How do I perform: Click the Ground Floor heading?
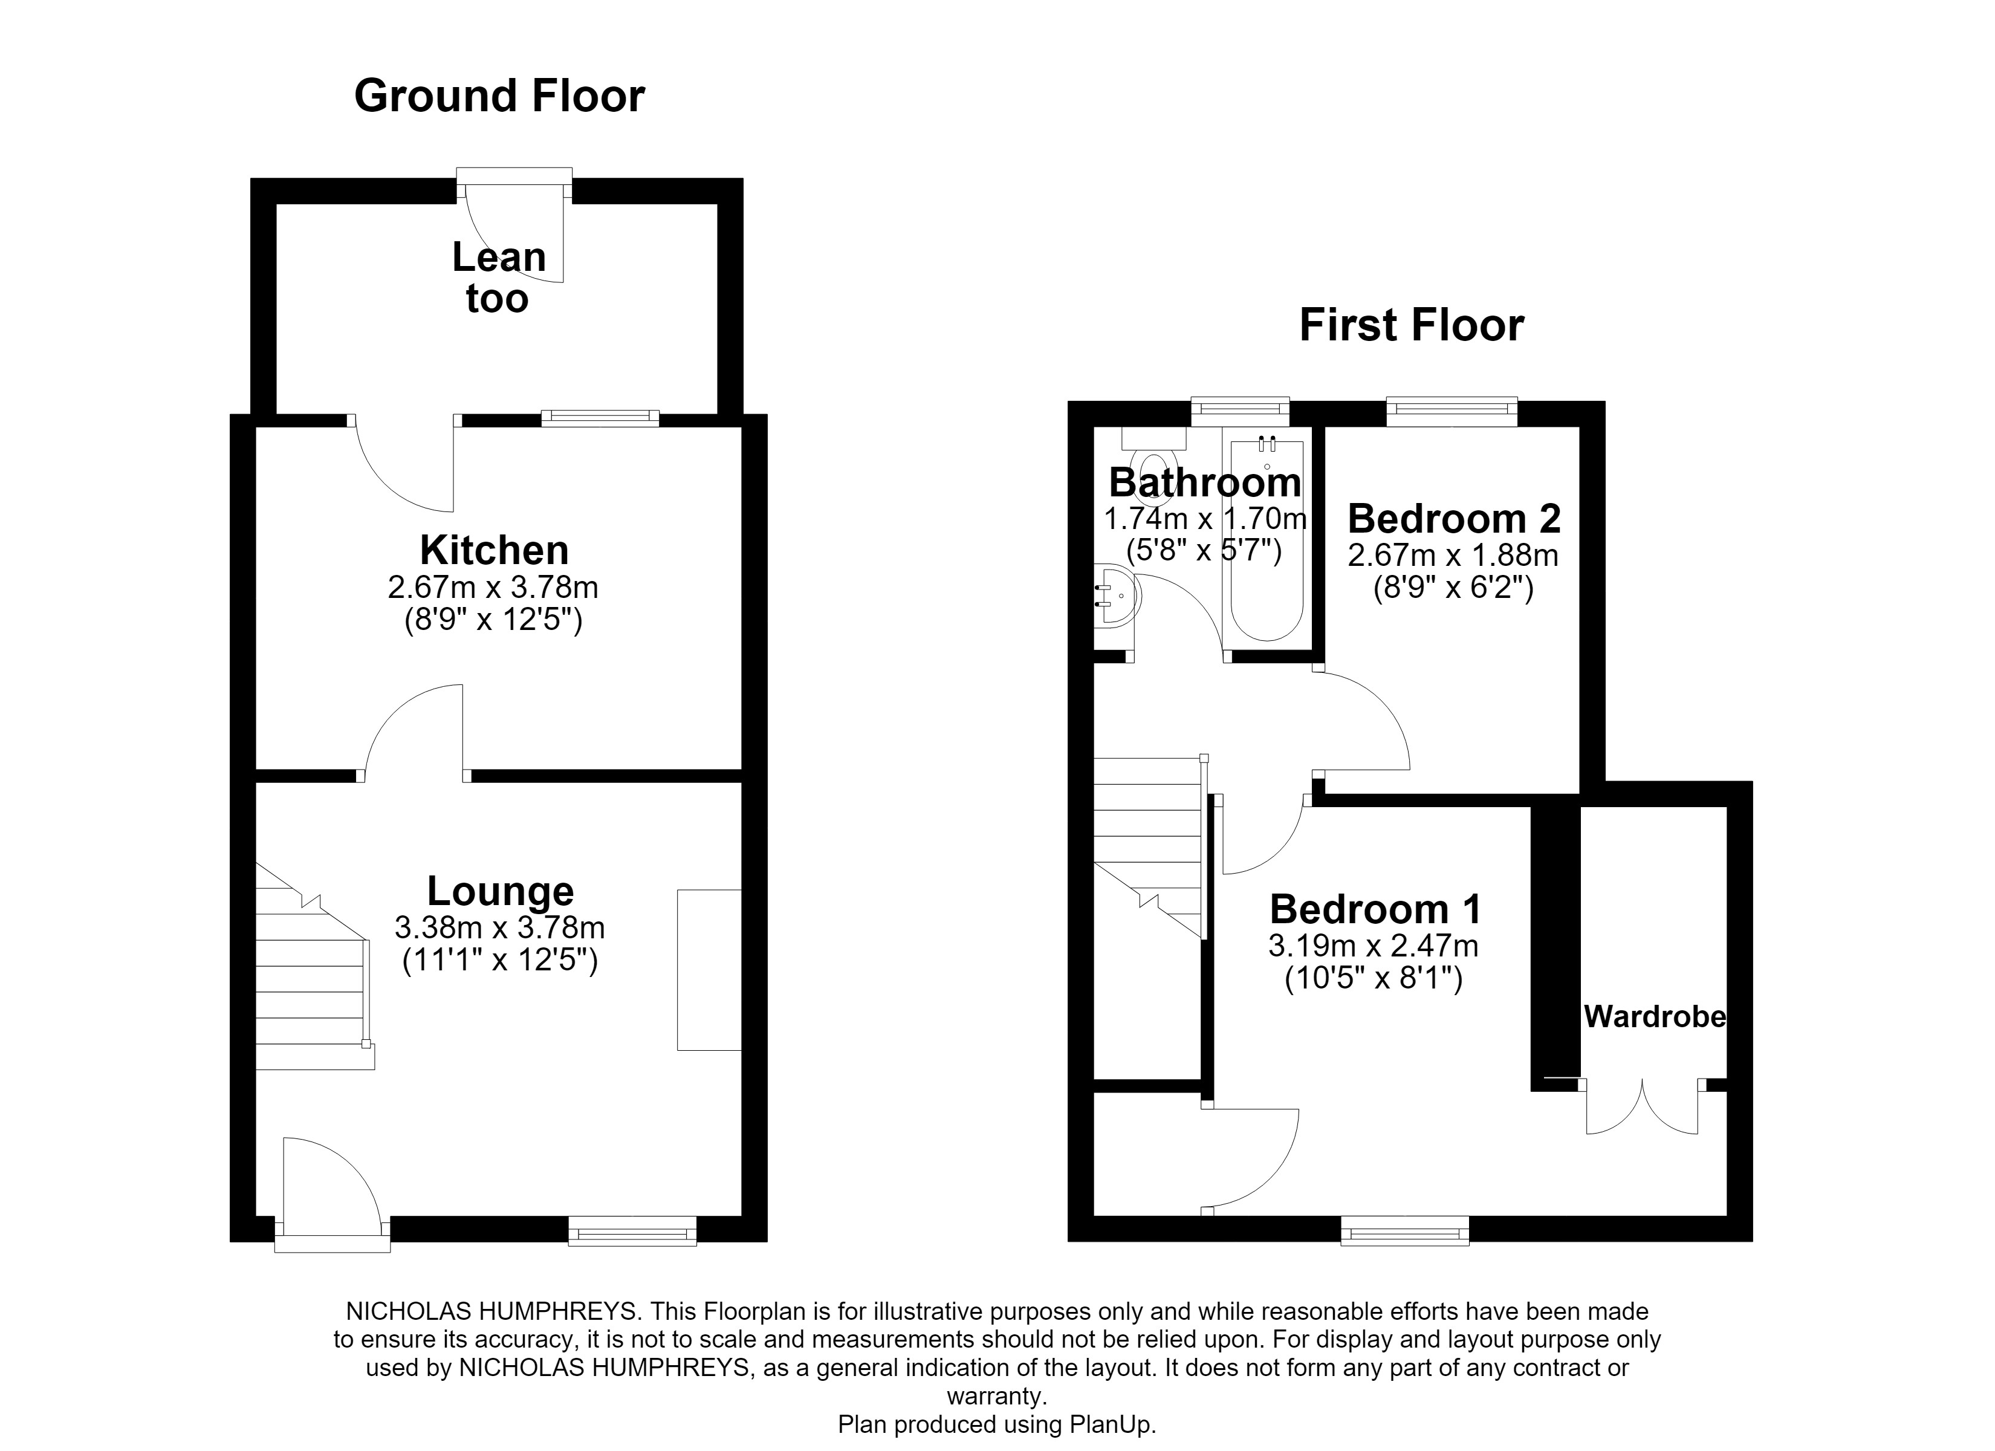pos(499,96)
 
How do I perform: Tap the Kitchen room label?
pos(495,550)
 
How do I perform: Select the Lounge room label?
pos(501,891)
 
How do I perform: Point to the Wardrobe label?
pos(1655,1017)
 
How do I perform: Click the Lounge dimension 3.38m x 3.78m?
pos(499,927)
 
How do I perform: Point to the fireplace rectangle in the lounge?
pos(709,970)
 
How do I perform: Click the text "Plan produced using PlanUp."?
pos(997,1424)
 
